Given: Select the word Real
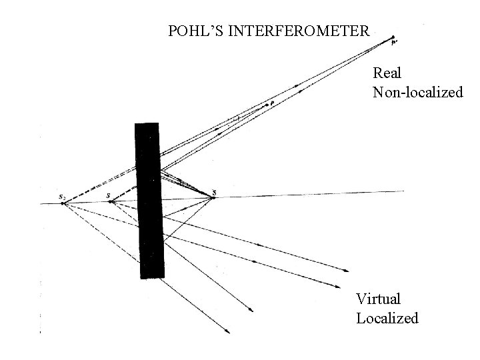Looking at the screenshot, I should click(x=387, y=71).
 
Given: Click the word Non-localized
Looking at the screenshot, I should click(x=417, y=92).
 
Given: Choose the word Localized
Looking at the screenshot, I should click(x=387, y=318).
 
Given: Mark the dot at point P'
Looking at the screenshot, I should click(x=393, y=37).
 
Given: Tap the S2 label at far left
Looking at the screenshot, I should click(x=61, y=197).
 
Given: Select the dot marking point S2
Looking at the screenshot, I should click(x=63, y=203).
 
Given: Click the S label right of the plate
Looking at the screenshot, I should click(x=213, y=193).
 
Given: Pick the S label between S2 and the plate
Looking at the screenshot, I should click(x=108, y=195).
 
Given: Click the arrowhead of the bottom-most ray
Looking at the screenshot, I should click(x=229, y=331).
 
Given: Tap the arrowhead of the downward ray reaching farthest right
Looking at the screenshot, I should click(x=347, y=271).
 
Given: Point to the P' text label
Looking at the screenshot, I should click(x=395, y=43).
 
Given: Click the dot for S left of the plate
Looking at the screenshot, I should click(x=110, y=201).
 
